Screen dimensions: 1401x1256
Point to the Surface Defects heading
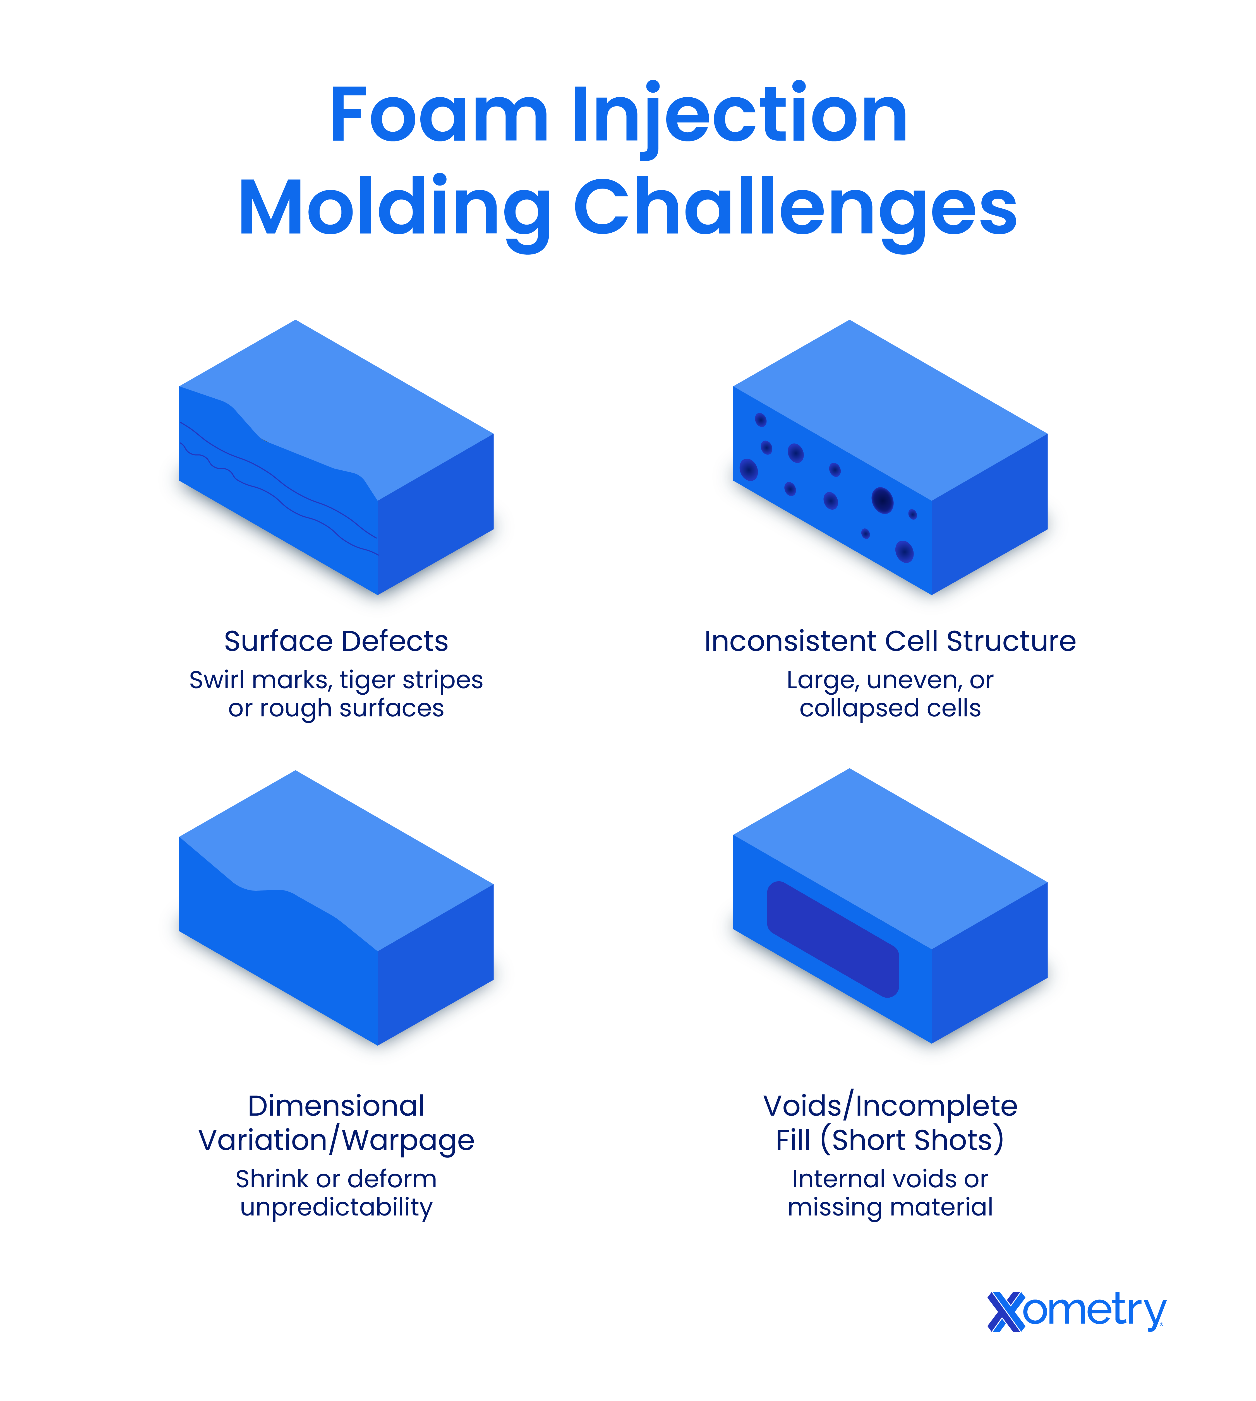tap(336, 642)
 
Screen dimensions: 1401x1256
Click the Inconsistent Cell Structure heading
tap(890, 642)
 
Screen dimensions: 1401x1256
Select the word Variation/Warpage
tap(336, 1141)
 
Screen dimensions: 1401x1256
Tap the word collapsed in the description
tap(850, 708)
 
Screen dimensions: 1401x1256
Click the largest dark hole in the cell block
tap(882, 500)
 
